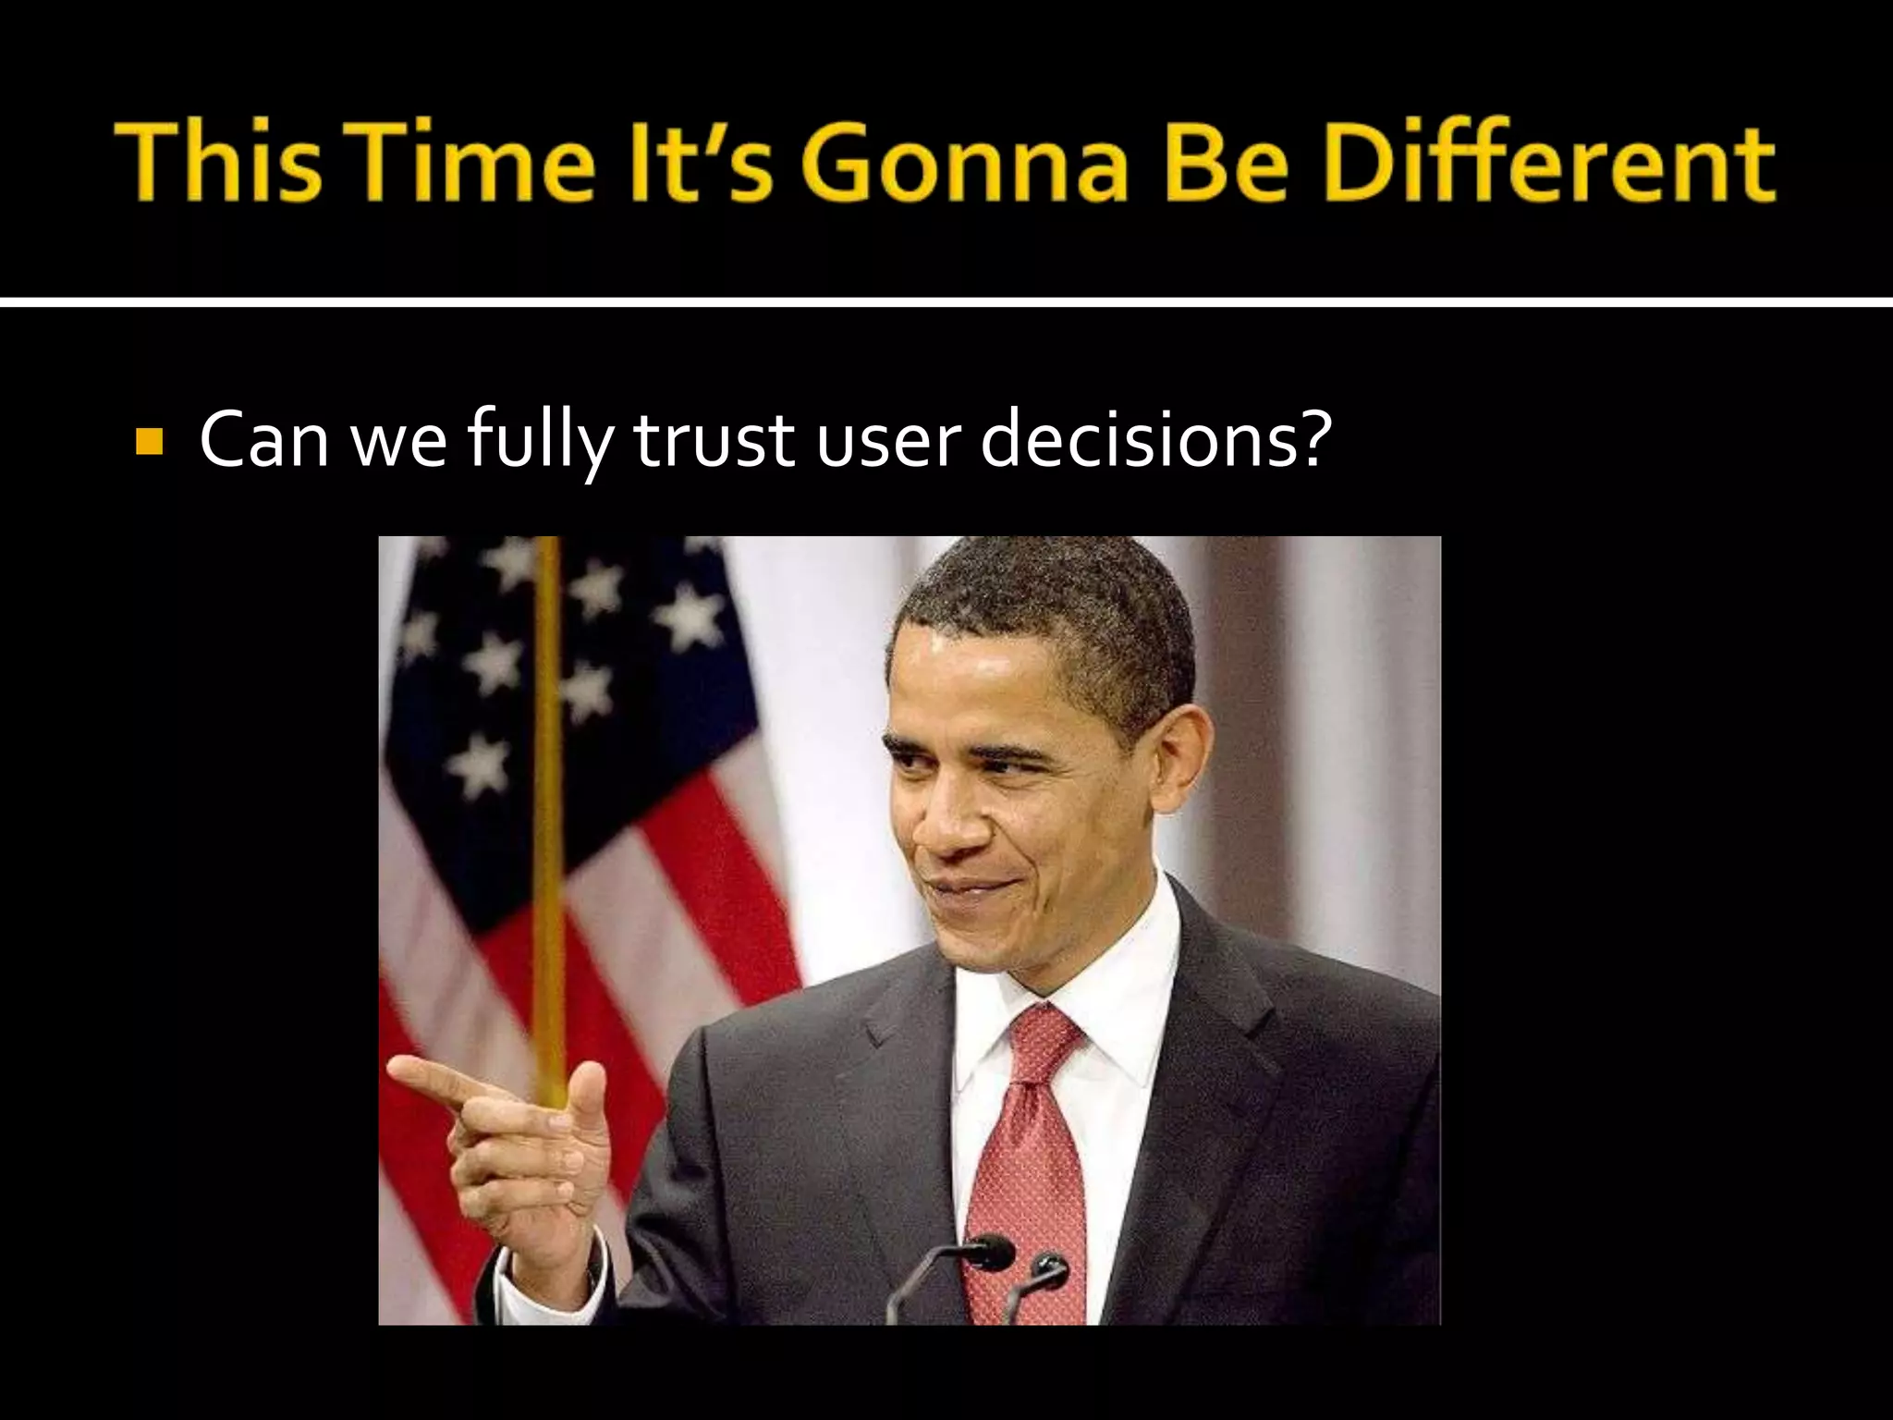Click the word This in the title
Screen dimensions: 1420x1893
click(x=219, y=164)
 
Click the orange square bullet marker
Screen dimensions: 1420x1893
click(x=148, y=442)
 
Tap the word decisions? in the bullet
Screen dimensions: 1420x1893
click(x=1155, y=440)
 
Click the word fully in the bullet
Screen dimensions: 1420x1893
click(x=539, y=442)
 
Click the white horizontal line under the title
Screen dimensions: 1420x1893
click(x=946, y=302)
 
